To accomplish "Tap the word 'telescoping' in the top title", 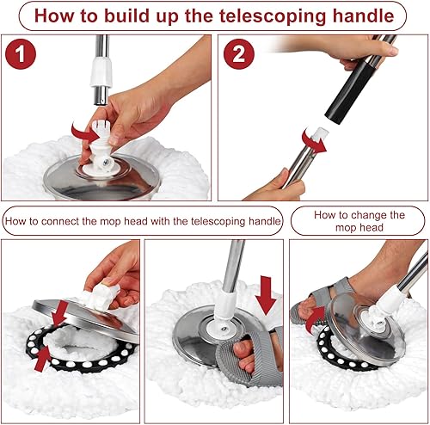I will pyautogui.click(x=277, y=15).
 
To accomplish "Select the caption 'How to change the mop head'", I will pyautogui.click(x=359, y=221).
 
